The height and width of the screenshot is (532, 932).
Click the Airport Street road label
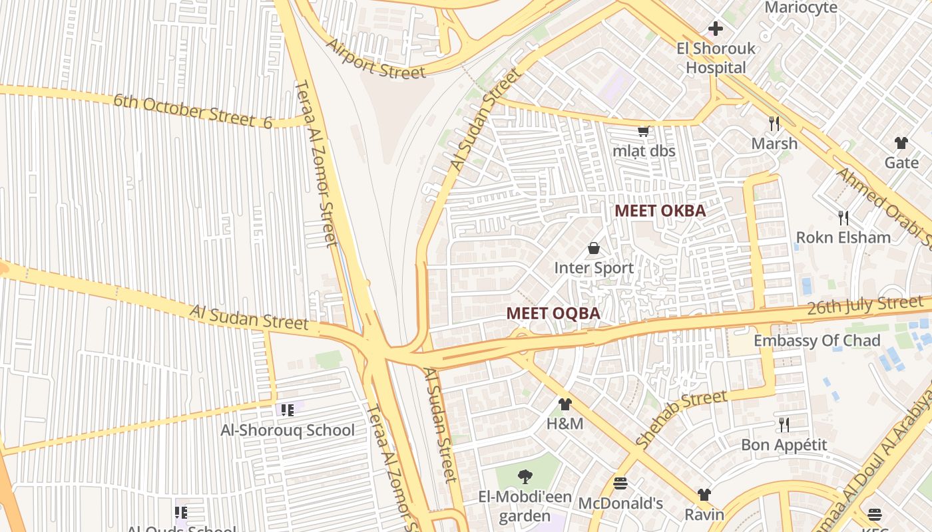point(376,59)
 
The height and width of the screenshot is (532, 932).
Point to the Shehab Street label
point(681,419)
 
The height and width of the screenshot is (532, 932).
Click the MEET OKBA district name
point(660,211)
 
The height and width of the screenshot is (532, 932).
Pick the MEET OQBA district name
point(553,313)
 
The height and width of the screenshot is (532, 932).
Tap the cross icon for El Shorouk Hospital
point(716,29)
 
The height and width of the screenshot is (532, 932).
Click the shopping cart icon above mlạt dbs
point(643,131)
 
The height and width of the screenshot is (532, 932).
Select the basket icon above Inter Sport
point(594,248)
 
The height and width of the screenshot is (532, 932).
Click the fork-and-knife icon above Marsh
point(774,123)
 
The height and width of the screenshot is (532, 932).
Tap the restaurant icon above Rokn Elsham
point(843,217)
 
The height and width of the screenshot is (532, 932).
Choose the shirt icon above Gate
point(901,142)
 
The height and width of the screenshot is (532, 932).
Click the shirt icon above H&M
point(565,404)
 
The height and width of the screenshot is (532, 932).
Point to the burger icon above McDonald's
point(620,483)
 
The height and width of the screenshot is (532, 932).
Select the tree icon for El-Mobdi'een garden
point(525,476)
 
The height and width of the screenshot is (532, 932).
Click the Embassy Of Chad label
point(817,340)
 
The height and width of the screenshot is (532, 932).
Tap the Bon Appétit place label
point(784,445)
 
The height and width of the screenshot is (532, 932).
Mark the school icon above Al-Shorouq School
point(288,410)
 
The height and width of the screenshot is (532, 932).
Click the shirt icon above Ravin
point(704,495)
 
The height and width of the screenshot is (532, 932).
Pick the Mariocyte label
point(801,8)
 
